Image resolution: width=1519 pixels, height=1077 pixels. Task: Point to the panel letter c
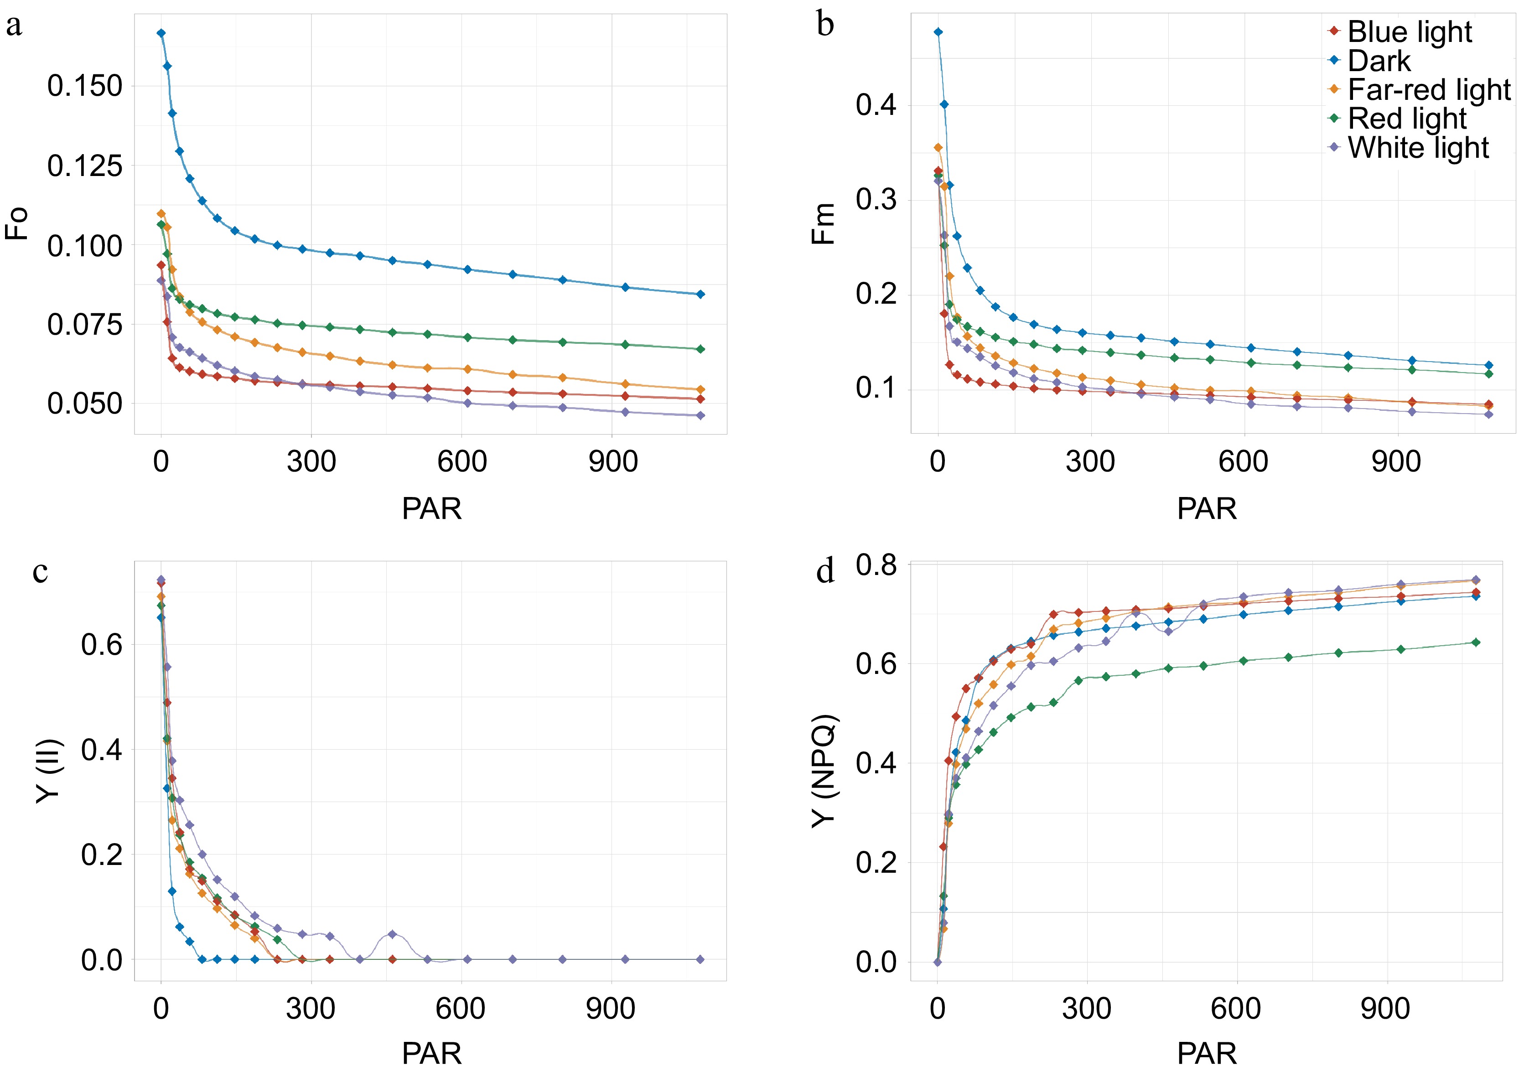point(40,572)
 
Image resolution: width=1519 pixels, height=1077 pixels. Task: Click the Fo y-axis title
point(16,223)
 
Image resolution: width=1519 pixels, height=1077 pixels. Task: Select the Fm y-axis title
point(824,224)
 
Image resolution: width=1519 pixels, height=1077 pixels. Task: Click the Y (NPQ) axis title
point(824,771)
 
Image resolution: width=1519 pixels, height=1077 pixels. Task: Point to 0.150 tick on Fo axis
point(85,86)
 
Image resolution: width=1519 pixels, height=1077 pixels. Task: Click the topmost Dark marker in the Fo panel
point(161,33)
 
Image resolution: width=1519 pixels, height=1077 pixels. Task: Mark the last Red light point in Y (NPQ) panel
point(1476,642)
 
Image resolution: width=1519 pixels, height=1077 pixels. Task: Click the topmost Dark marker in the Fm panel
point(938,32)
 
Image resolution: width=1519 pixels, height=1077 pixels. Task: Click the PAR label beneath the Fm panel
point(1207,509)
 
